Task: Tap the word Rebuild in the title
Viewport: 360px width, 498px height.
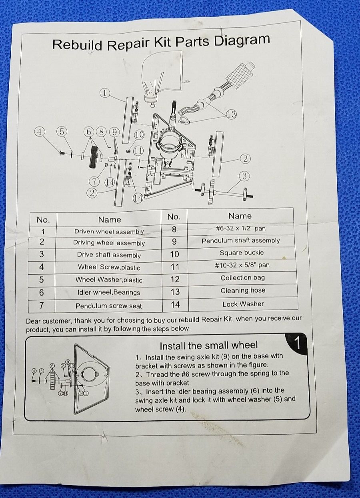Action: pyautogui.click(x=78, y=44)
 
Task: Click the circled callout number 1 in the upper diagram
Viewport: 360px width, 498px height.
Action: pyautogui.click(x=105, y=92)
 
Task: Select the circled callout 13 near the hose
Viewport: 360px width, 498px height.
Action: pyautogui.click(x=231, y=114)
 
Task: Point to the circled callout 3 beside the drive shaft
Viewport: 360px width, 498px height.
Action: pyautogui.click(x=244, y=176)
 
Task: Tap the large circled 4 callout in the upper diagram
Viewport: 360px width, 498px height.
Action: pyautogui.click(x=39, y=132)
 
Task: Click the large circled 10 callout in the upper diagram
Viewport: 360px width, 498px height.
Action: pyautogui.click(x=140, y=135)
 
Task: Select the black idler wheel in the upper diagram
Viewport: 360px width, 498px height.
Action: pyautogui.click(x=93, y=157)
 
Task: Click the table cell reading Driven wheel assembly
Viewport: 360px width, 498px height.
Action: pyautogui.click(x=109, y=232)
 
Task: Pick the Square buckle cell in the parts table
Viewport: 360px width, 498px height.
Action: pyautogui.click(x=242, y=253)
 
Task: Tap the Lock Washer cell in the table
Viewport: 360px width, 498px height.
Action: pyautogui.click(x=243, y=304)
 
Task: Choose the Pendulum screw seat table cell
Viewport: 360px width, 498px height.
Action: pyautogui.click(x=108, y=306)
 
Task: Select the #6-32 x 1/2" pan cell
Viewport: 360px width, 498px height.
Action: pyautogui.click(x=241, y=229)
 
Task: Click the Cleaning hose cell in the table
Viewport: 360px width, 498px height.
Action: pyautogui.click(x=243, y=290)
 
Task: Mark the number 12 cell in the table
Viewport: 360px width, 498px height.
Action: pyautogui.click(x=175, y=279)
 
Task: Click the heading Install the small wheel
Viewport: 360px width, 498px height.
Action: pyautogui.click(x=209, y=345)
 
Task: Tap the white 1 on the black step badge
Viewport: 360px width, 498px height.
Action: pyautogui.click(x=297, y=343)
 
